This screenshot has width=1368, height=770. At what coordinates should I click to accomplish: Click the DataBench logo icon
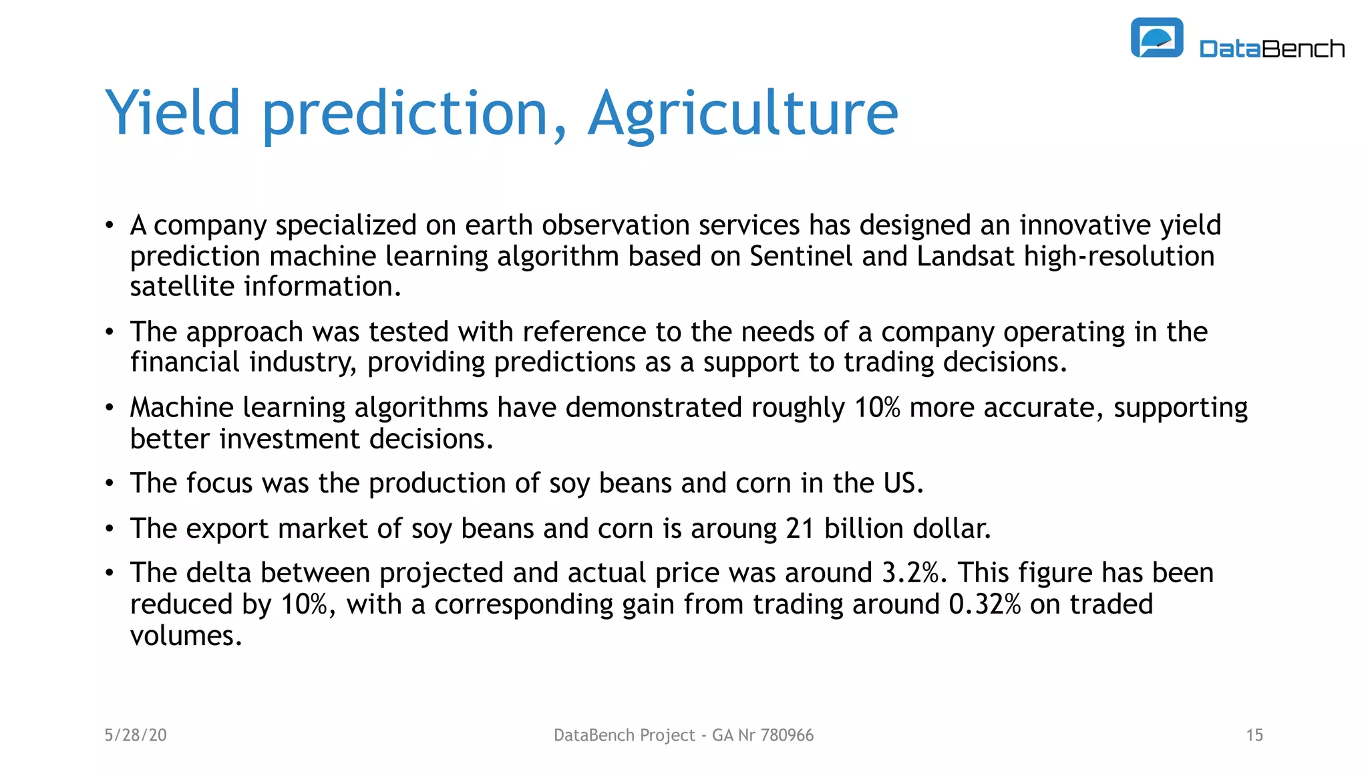1156,38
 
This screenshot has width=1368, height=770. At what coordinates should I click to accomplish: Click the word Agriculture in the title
743,114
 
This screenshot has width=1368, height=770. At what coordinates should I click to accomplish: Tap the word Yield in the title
172,114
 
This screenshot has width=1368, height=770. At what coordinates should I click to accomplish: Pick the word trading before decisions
888,362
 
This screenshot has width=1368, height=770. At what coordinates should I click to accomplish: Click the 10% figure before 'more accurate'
877,408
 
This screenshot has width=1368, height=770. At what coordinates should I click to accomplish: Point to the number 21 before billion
800,529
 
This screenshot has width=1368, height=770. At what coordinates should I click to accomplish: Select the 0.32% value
985,604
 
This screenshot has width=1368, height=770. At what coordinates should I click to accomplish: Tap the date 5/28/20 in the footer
136,735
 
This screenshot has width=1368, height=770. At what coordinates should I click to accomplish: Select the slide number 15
1254,735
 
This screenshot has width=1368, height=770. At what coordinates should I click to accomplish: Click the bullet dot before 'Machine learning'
110,408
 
